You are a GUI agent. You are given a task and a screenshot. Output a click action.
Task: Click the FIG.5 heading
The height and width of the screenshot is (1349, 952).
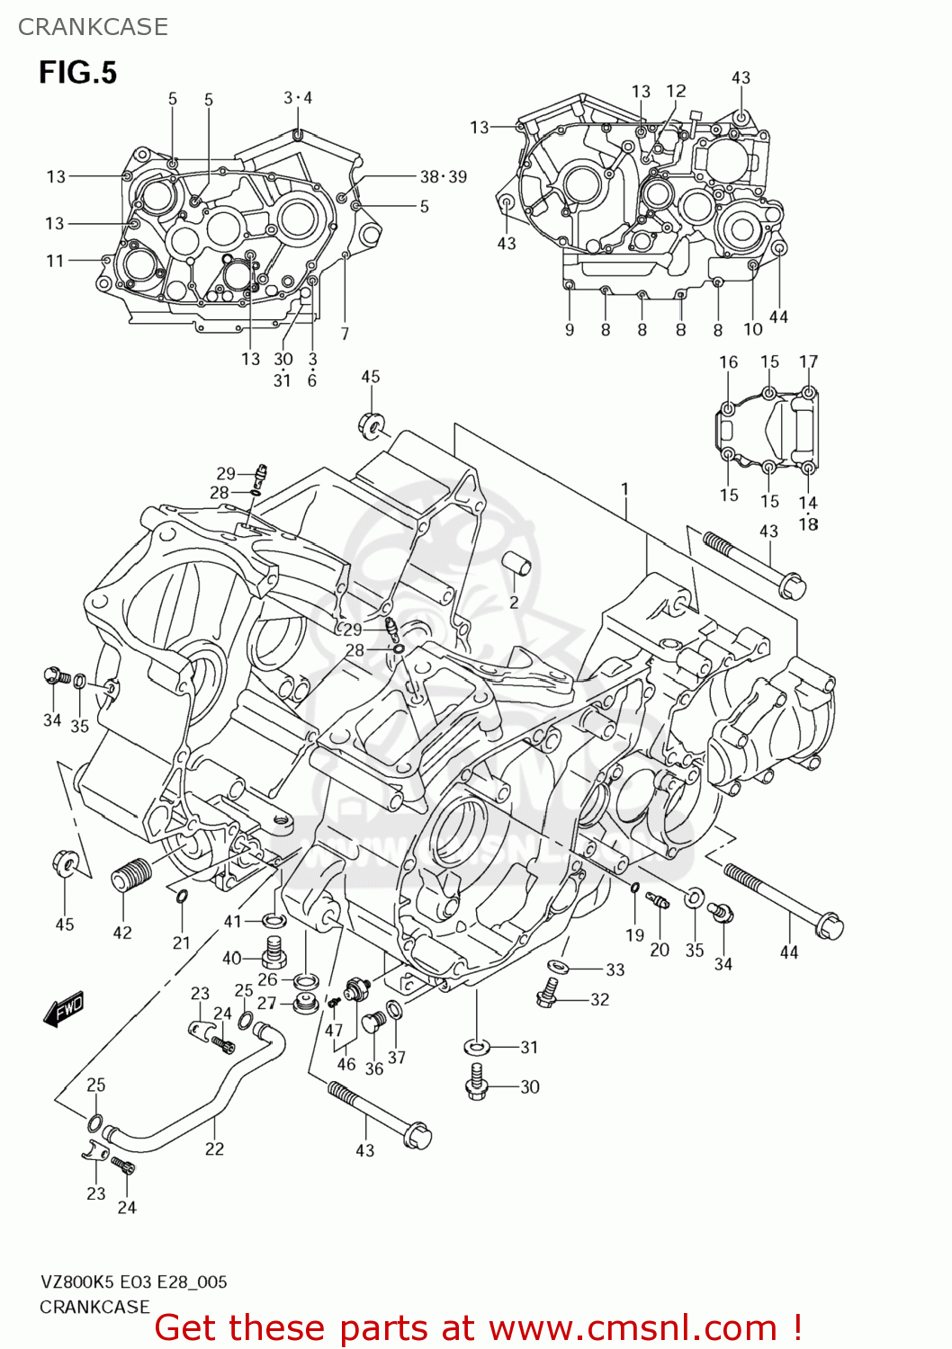pyautogui.click(x=77, y=72)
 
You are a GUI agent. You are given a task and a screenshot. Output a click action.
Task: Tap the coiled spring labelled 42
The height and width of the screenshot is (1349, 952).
pyautogui.click(x=131, y=873)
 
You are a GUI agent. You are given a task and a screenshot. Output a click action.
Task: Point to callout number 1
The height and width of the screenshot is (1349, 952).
pyautogui.click(x=624, y=490)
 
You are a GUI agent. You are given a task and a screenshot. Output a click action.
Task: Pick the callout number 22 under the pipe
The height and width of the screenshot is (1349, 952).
pyautogui.click(x=214, y=1148)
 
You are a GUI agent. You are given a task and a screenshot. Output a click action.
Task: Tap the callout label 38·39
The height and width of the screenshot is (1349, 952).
pyautogui.click(x=444, y=176)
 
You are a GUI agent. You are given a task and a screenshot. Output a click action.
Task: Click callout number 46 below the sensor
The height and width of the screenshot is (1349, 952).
pyautogui.click(x=346, y=1064)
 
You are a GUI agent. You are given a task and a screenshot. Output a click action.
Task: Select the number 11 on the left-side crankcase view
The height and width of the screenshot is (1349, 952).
pyautogui.click(x=55, y=260)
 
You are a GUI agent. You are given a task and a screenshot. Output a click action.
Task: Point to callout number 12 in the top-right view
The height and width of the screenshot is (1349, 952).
pyautogui.click(x=676, y=91)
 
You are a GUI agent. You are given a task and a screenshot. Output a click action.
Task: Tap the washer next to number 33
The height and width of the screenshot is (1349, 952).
pyautogui.click(x=559, y=967)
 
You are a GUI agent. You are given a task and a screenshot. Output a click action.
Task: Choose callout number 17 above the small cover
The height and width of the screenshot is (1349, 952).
pyautogui.click(x=808, y=362)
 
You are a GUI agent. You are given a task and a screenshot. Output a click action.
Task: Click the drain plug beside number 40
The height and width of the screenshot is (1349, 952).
pyautogui.click(x=274, y=950)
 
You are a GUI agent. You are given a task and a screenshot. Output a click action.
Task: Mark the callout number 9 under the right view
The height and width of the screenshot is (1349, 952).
pyautogui.click(x=570, y=330)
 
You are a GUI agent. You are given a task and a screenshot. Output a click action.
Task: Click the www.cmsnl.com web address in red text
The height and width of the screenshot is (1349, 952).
pyautogui.click(x=633, y=1327)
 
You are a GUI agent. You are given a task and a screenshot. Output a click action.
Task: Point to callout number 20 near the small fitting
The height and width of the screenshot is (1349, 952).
pyautogui.click(x=660, y=950)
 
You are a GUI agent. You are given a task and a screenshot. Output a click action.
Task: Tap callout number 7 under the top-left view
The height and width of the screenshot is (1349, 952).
pyautogui.click(x=345, y=334)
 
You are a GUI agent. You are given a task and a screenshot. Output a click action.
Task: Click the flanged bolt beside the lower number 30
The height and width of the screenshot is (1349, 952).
pyautogui.click(x=477, y=1084)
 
